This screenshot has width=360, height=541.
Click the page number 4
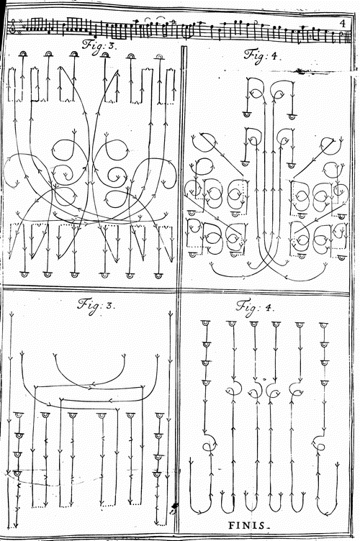click(342, 24)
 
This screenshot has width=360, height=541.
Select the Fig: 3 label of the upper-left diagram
click(100, 46)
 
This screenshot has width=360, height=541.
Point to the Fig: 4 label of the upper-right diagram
click(260, 55)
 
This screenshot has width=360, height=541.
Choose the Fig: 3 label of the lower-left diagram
click(94, 305)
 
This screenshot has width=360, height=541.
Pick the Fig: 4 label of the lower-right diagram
click(255, 306)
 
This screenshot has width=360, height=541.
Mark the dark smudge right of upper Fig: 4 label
click(301, 71)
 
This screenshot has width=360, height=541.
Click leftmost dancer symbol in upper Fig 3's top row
click(23, 54)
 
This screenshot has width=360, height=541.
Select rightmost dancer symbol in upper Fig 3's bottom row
click(158, 276)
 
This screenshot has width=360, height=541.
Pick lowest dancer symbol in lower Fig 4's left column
click(206, 382)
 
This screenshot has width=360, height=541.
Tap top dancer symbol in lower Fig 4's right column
click(323, 325)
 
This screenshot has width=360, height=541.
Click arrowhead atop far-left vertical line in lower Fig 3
click(12, 314)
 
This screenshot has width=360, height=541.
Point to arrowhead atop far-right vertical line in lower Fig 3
click(170, 314)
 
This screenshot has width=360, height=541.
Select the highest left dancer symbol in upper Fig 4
click(248, 114)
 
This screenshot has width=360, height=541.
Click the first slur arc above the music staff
click(148, 19)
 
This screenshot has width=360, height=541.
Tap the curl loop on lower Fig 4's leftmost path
click(210, 442)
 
